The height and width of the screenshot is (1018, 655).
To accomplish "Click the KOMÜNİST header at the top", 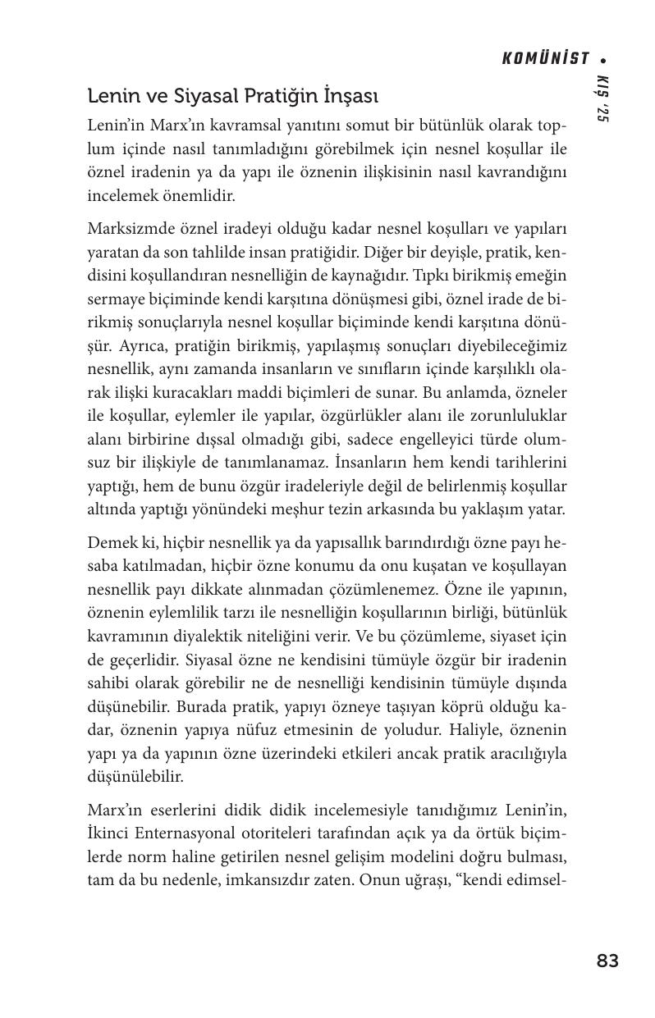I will pos(545,58).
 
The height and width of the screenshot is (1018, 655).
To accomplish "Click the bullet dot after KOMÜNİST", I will pos(603,59).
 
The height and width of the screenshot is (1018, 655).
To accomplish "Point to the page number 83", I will pos(607,961).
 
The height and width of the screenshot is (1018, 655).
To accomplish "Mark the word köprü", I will pos(445,706).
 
